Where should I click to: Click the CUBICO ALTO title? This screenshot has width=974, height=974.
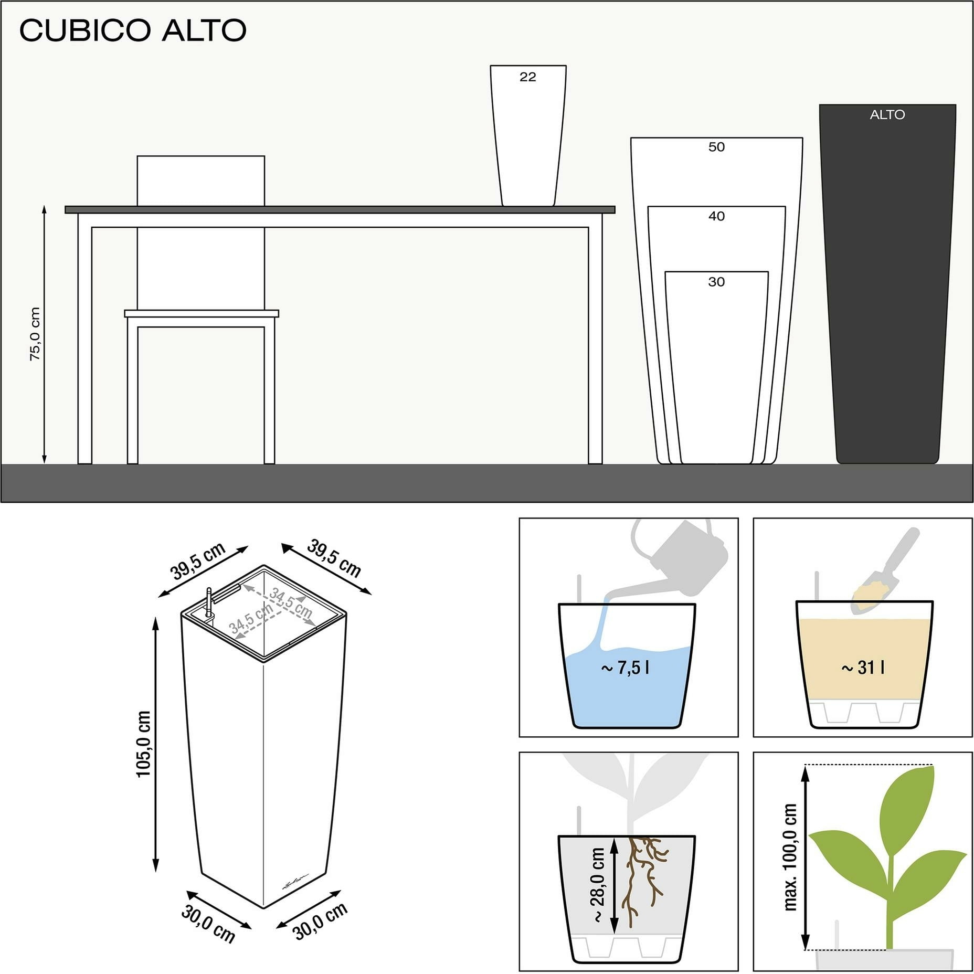133,30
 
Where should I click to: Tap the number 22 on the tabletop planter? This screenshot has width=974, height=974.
528,77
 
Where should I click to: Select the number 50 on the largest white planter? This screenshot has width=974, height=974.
716,147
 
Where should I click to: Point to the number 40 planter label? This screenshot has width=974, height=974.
716,216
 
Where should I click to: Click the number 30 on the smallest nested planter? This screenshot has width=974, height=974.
716,282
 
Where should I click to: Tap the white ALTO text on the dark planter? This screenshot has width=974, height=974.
887,114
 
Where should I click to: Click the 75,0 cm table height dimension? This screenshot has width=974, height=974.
35,334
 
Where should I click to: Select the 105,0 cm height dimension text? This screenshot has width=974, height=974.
143,744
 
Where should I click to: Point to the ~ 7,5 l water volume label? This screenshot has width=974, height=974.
625,668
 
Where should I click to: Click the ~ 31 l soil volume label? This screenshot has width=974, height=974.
863,668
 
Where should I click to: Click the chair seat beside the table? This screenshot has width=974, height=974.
202,314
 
